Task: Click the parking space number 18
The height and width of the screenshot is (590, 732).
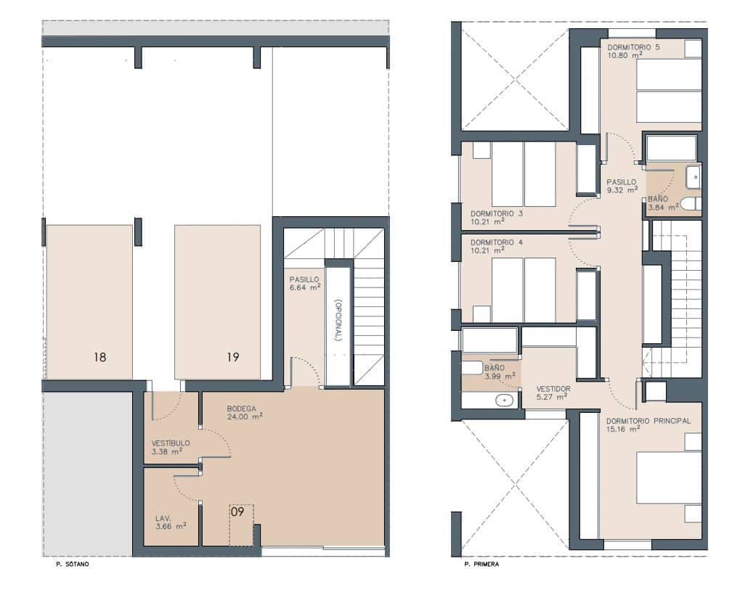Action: point(100,357)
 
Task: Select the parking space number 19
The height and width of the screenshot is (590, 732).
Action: point(232,357)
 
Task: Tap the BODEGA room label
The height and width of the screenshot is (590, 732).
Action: point(243,408)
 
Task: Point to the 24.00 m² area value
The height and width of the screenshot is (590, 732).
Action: point(245,417)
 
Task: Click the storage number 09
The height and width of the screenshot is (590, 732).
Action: point(237,511)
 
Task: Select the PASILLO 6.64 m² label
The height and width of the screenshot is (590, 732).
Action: point(304,283)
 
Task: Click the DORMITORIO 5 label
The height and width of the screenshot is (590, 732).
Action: point(633,47)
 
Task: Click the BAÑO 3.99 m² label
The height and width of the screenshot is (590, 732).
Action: point(500,372)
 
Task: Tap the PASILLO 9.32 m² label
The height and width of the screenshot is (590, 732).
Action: point(622,186)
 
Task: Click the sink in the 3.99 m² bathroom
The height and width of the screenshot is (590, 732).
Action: point(502,400)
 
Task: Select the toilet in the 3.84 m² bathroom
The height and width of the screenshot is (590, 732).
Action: point(693,204)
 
